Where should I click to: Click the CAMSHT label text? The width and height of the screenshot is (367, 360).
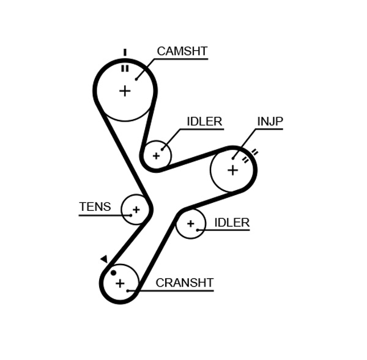click(182, 51)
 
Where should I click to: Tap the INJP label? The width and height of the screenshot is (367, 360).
click(270, 122)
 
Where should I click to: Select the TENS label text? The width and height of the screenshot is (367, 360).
click(95, 207)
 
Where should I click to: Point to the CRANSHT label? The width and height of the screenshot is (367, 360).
click(184, 283)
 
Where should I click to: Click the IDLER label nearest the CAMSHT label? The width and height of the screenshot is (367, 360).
click(204, 122)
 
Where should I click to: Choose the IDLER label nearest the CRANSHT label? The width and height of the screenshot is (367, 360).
click(232, 223)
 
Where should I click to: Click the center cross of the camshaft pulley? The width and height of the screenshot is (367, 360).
click(125, 91)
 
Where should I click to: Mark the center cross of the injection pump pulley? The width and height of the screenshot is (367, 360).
click(232, 170)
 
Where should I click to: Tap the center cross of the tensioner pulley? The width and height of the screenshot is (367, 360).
click(136, 210)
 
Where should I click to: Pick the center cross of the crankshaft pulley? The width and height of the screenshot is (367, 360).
click(120, 284)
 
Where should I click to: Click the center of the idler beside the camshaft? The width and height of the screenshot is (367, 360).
click(156, 156)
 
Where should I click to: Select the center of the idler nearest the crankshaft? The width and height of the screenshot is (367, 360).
click(190, 224)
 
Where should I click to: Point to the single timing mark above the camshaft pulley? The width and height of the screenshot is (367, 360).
click(125, 53)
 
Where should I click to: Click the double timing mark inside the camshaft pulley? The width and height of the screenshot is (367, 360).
click(125, 68)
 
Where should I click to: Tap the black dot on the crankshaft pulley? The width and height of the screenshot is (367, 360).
click(113, 273)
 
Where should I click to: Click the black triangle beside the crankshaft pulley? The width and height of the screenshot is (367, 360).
click(104, 259)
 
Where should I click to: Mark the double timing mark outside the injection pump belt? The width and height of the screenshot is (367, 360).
click(254, 152)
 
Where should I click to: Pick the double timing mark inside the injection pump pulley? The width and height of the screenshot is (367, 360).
click(245, 160)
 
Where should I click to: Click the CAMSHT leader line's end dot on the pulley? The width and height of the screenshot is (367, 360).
click(136, 79)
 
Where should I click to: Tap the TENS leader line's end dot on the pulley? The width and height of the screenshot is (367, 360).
click(130, 215)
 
